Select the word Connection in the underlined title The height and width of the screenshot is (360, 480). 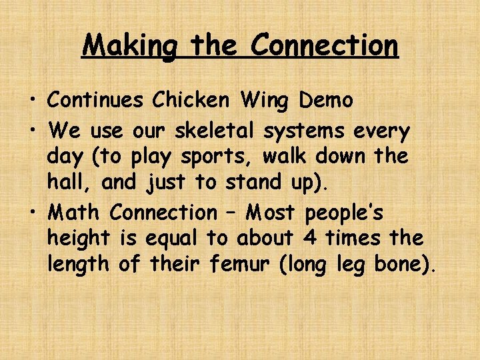(325, 45)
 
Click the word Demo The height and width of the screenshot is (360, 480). (326, 100)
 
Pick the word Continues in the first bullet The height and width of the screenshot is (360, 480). (95, 100)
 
